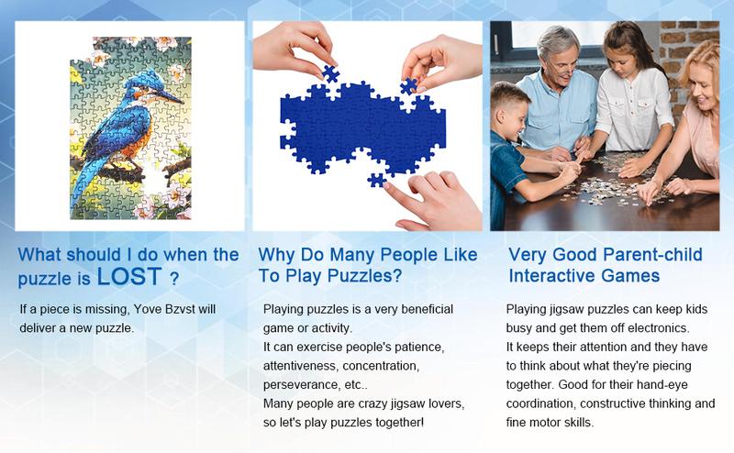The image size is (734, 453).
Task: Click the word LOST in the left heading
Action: point(129,276)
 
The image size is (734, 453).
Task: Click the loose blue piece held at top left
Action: point(331,74)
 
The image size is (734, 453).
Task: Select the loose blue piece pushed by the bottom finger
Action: point(376,180)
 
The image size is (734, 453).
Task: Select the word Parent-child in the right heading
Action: point(652,255)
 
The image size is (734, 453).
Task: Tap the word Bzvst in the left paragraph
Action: point(180,309)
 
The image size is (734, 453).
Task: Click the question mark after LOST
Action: point(174,279)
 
